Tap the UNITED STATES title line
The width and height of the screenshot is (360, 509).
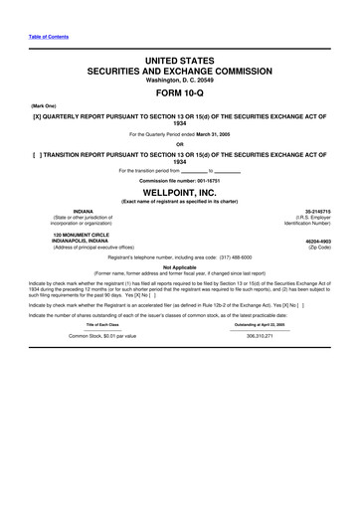pyautogui.click(x=180, y=61)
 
